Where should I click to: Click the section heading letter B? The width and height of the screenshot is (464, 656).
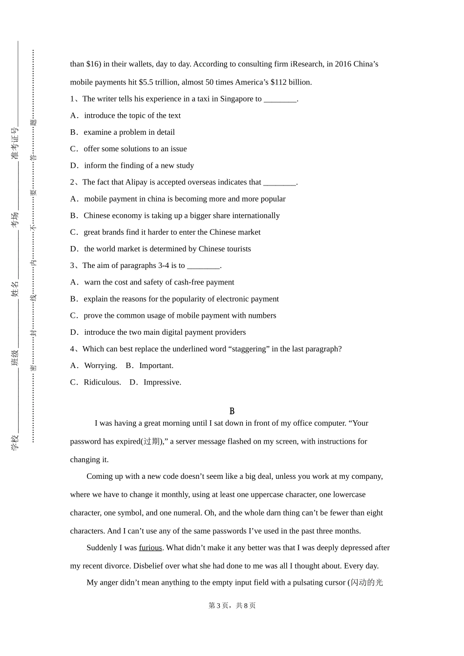pos(232,411)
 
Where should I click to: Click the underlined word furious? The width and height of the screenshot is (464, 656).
pos(150,548)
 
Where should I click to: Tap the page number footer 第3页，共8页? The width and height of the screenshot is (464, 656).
pos(232,605)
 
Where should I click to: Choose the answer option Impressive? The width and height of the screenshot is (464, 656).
pos(162,382)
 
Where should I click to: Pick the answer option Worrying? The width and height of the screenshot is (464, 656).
pos(101,366)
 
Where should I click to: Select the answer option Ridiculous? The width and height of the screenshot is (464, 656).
pos(102,382)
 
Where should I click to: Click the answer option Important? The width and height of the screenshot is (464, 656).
pos(156,366)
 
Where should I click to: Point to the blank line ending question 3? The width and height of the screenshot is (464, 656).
pos(203,266)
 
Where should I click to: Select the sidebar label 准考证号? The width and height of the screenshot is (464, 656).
pos(15,143)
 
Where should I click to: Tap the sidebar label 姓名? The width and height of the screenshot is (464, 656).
pos(15,288)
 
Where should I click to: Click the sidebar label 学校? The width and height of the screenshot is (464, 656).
pos(15,442)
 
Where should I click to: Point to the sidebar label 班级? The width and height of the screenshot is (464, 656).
pos(15,358)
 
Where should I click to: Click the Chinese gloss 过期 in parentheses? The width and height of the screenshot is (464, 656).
pos(152,441)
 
